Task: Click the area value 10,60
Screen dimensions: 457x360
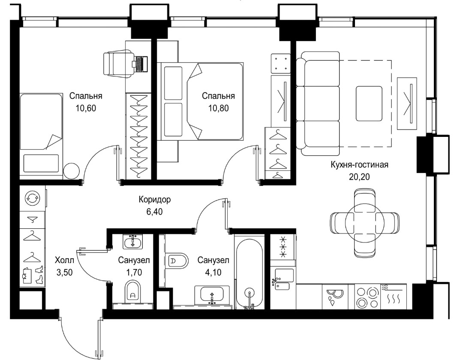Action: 86,108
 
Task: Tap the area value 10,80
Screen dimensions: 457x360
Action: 218,108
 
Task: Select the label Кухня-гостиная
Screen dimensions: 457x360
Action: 359,164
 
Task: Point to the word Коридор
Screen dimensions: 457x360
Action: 154,200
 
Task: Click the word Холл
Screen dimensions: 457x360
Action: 64,260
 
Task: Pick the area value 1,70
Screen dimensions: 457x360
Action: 134,272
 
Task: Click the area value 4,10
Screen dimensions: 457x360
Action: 213,272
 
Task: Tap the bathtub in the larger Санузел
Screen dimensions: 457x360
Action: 249,273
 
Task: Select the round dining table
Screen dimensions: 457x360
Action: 364,223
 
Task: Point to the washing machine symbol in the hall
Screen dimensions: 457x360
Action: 32,198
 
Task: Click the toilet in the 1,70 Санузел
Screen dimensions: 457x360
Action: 133,292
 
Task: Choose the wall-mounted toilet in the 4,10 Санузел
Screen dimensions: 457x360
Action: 177,260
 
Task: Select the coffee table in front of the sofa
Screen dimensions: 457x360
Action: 369,103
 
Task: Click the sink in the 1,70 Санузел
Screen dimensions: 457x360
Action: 133,242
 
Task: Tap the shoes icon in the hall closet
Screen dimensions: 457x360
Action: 39,275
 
